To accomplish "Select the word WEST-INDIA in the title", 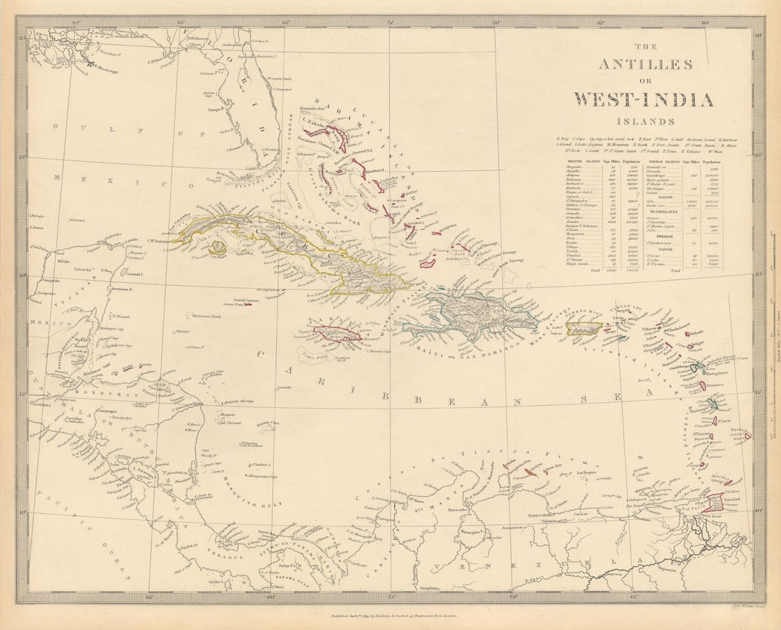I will (x=644, y=99).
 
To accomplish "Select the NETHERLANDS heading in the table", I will (x=662, y=211).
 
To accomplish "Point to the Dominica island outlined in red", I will (x=707, y=386).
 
